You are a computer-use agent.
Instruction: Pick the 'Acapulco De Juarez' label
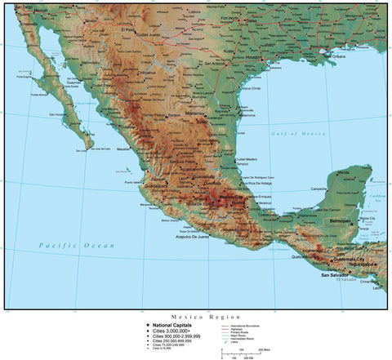point(193,237)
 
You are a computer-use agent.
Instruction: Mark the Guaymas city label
point(73,82)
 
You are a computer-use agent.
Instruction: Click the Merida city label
point(344,173)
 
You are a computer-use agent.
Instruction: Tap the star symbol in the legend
point(147,324)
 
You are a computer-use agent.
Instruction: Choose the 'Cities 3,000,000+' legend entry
point(171,331)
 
